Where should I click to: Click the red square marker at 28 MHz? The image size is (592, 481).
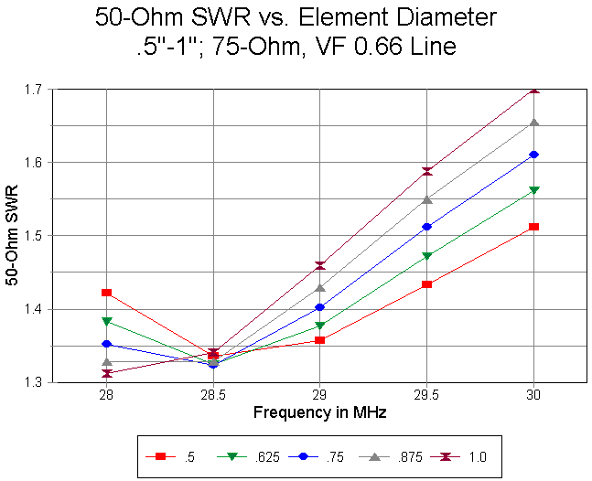(107, 293)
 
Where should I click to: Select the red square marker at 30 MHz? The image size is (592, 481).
(534, 226)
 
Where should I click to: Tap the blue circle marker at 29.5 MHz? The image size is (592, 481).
(427, 227)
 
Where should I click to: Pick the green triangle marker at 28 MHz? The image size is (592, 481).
(107, 322)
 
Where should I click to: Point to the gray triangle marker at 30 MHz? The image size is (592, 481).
(534, 123)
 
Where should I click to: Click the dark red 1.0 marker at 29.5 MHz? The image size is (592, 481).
(427, 171)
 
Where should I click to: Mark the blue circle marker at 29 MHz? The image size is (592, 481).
(320, 307)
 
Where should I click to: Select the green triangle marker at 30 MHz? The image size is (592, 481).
(534, 190)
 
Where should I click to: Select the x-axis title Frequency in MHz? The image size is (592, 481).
(320, 412)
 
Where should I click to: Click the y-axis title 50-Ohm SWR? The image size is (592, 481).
(14, 236)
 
